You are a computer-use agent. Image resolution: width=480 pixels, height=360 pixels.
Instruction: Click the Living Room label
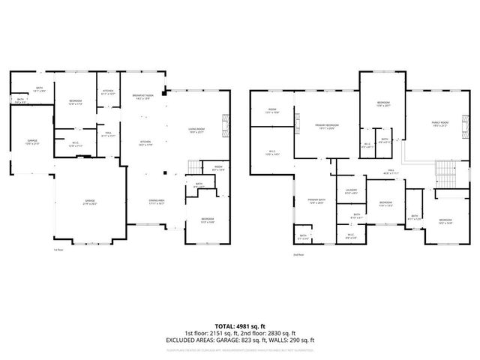196,130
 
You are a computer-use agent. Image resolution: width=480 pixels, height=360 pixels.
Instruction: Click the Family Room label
440,124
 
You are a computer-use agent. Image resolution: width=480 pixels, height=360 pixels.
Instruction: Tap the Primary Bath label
315,201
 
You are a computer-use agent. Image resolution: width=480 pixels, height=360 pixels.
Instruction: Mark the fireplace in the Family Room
466,121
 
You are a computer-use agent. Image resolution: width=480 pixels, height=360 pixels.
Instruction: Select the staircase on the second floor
445,174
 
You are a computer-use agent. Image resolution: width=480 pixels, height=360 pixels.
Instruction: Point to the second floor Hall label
370,172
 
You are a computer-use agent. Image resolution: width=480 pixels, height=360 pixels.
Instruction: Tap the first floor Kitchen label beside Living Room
143,143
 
